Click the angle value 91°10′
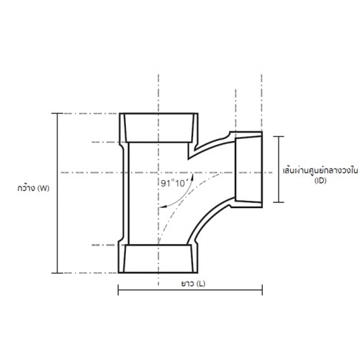[x=174, y=184]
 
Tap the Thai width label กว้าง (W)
[x=33, y=188]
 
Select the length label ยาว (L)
[x=193, y=284]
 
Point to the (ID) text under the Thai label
[x=320, y=181]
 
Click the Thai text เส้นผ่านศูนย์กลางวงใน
[x=320, y=171]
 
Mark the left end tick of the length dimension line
[x=118, y=289]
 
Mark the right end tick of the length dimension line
[x=262, y=289]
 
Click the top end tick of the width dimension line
[x=58, y=113]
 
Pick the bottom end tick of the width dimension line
[x=58, y=273]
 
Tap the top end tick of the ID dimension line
[x=279, y=136]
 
